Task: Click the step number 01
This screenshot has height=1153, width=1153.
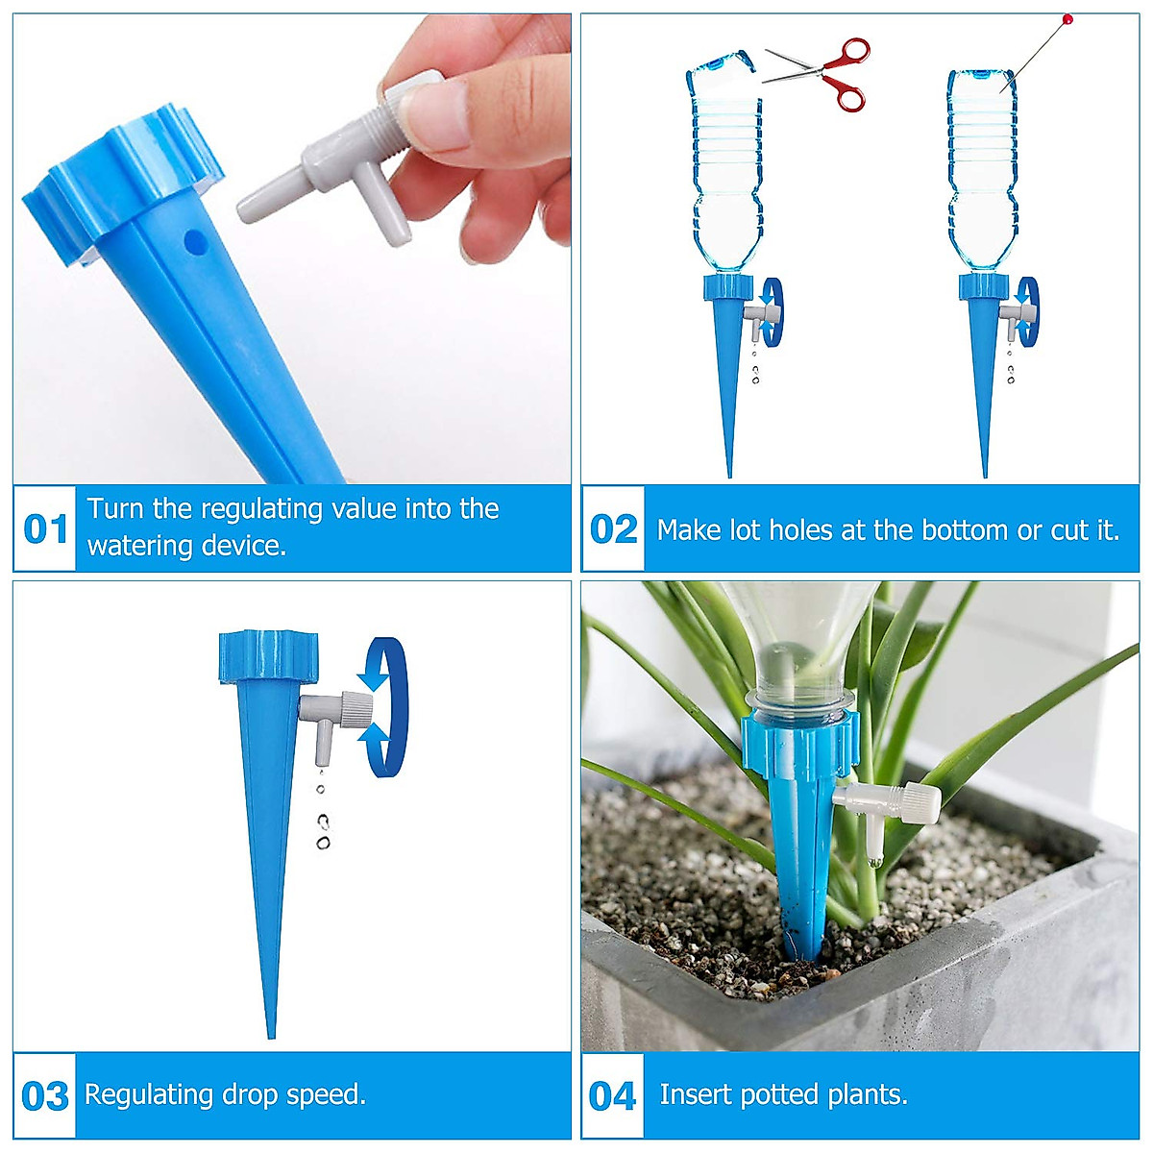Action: (45, 529)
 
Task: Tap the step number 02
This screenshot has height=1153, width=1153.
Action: (614, 529)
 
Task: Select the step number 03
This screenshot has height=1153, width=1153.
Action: (45, 1096)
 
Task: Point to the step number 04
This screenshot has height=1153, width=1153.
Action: (613, 1096)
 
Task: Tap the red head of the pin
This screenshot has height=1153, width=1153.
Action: (1067, 19)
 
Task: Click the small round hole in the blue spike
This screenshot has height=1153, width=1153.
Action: (195, 241)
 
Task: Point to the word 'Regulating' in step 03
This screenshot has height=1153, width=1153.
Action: (149, 1094)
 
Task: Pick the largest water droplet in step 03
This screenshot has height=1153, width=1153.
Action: (323, 842)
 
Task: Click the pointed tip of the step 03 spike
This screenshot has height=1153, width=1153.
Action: (272, 1032)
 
